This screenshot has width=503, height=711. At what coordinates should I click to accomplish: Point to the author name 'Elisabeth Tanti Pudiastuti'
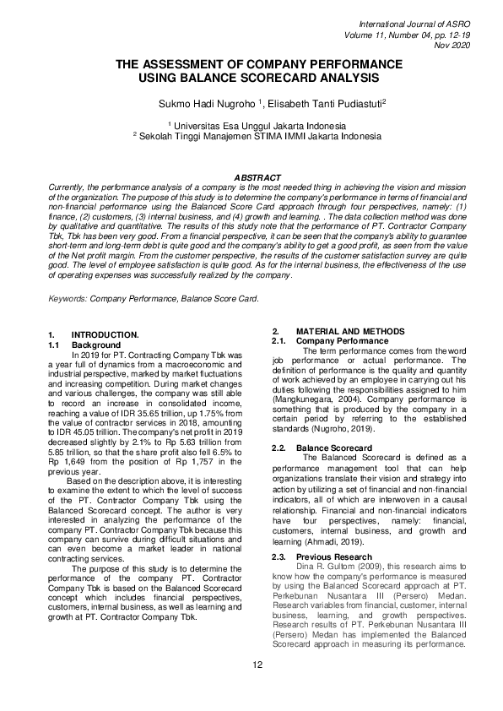316,104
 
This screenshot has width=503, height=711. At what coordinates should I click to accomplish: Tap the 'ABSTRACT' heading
257,176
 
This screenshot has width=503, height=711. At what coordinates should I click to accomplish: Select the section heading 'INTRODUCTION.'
105,335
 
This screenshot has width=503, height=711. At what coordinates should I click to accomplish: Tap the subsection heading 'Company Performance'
341,340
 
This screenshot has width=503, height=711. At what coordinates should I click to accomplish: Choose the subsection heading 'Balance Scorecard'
334,447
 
